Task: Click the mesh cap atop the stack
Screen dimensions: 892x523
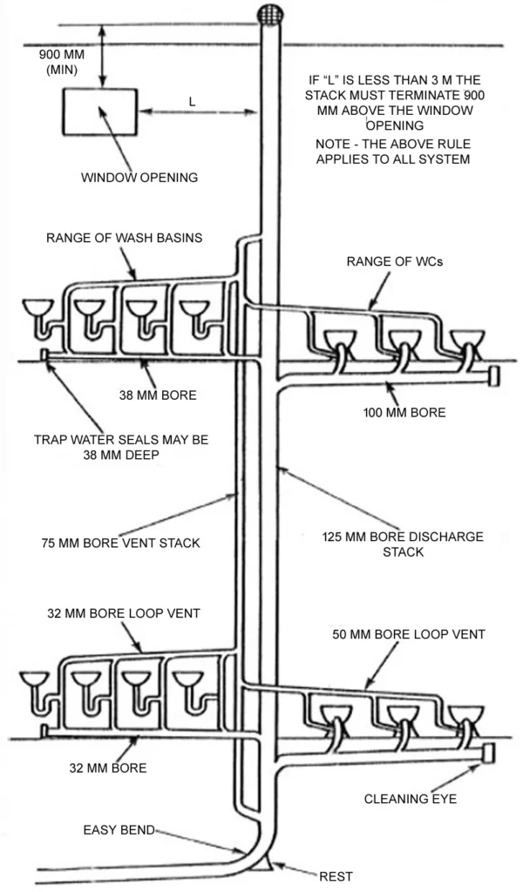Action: click(271, 14)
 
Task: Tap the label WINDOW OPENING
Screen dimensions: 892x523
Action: click(139, 177)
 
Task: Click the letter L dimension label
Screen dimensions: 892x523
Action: click(192, 100)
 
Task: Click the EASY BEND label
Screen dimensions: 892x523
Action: click(119, 831)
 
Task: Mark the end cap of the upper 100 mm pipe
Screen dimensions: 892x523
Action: click(494, 375)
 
